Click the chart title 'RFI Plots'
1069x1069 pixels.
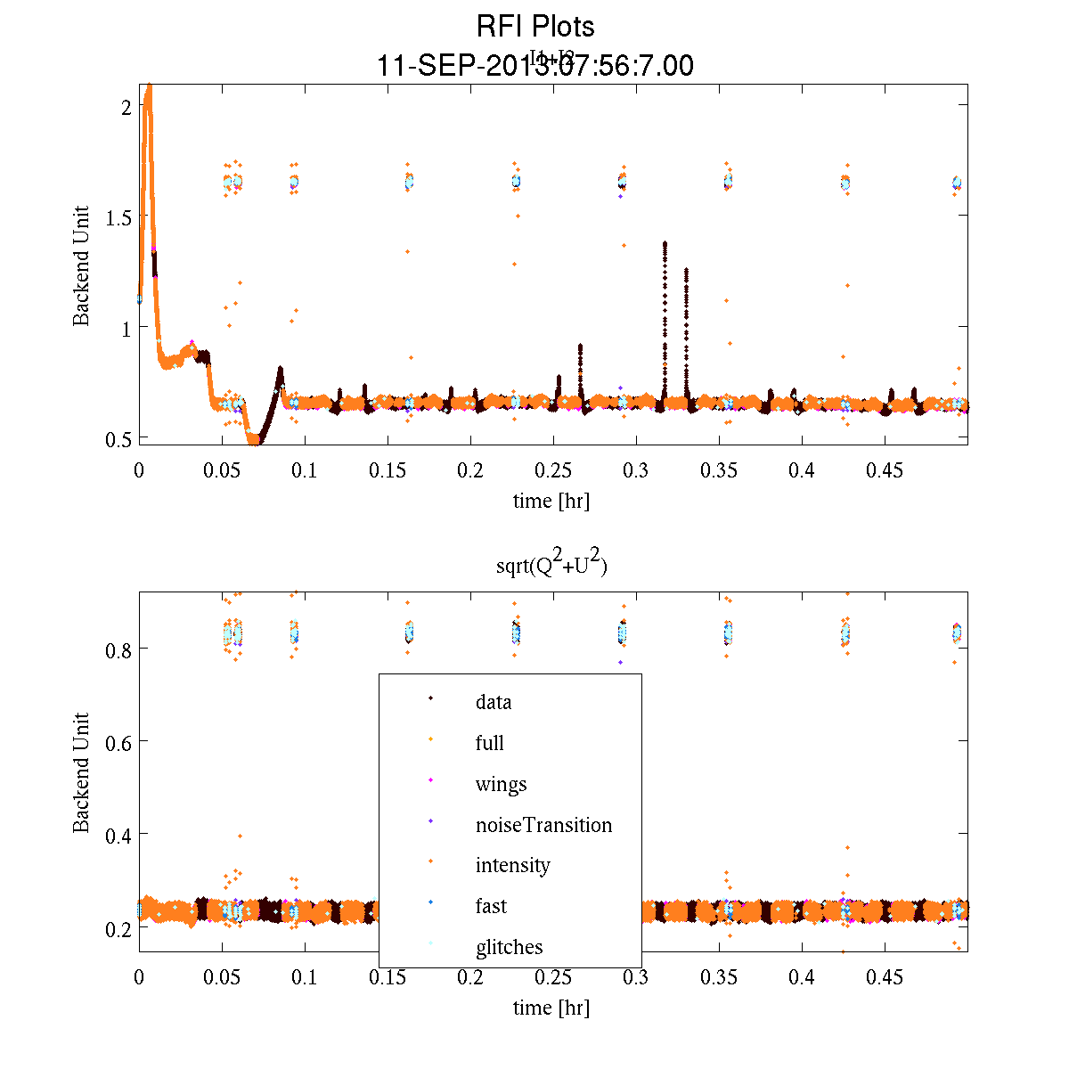click(x=535, y=26)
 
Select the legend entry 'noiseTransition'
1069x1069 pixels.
click(x=543, y=825)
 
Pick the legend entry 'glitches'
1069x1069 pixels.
click(x=509, y=947)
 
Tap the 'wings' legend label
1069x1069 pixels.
click(x=501, y=784)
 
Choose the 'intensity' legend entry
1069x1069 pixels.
click(x=512, y=865)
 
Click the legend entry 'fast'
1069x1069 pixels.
click(x=491, y=906)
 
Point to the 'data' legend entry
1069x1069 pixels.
click(x=494, y=702)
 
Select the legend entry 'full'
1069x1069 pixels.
click(x=489, y=743)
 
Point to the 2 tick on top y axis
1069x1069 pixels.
click(x=126, y=106)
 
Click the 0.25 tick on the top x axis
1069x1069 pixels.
click(x=553, y=470)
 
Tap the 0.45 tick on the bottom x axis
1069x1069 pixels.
click(x=885, y=977)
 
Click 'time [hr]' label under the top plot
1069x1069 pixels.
click(x=551, y=501)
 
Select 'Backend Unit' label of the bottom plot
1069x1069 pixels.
click(x=81, y=772)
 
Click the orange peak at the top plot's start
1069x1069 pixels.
click(x=149, y=88)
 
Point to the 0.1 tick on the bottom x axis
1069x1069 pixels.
click(x=305, y=977)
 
